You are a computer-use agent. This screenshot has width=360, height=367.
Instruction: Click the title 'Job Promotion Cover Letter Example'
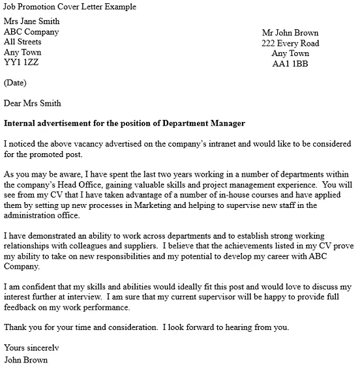70,7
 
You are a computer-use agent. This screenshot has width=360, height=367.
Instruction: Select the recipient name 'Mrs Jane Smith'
36,21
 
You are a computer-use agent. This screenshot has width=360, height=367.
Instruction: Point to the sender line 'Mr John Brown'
290,33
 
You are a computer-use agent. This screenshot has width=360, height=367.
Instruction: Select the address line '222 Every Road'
290,43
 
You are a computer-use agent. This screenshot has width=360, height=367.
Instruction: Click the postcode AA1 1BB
290,64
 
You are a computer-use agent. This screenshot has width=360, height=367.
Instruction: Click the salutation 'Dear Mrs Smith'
33,102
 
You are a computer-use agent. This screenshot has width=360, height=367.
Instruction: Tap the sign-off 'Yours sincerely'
31,347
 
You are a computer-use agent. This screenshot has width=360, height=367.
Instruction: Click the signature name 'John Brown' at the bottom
25,359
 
